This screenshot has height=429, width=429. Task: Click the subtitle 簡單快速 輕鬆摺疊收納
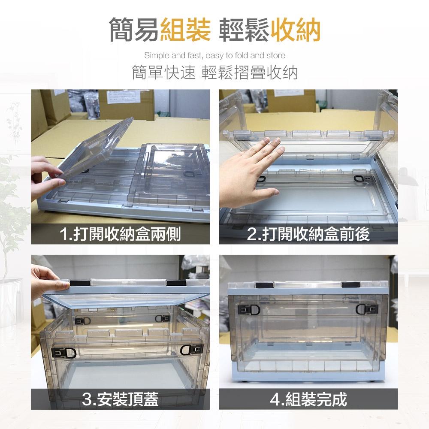tap(214, 73)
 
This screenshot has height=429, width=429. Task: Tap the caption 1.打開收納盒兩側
tap(120, 234)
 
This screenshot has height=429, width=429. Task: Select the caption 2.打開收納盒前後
tap(308, 234)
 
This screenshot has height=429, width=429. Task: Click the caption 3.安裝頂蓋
tap(120, 399)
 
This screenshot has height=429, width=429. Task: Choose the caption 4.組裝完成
tap(308, 399)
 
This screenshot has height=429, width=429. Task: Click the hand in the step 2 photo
tap(255, 172)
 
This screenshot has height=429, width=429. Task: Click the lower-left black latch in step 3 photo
tap(63, 352)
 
